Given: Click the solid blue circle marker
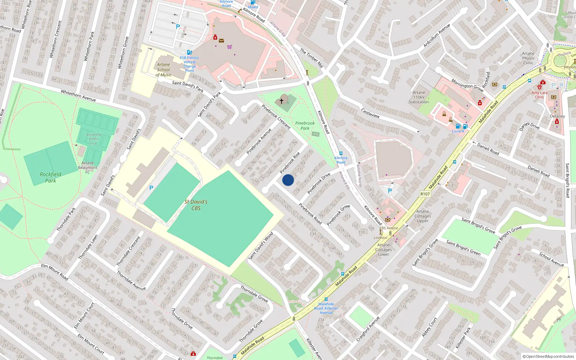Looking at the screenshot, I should (x=288, y=180).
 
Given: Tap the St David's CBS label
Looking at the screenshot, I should (x=196, y=205).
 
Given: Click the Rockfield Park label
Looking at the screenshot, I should (x=50, y=177).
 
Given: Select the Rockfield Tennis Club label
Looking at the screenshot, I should (x=94, y=139).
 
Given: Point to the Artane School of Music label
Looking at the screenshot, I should (x=163, y=70).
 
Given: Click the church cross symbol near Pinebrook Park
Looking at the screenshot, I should (x=282, y=101).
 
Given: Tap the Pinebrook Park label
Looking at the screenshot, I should (x=305, y=126).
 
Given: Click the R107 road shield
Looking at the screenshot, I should (x=425, y=194).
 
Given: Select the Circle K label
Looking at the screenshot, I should (x=458, y=131).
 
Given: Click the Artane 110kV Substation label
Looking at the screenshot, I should (x=419, y=97).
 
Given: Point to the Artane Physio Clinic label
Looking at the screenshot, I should (x=528, y=58).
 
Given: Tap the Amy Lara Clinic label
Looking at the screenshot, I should (x=539, y=95).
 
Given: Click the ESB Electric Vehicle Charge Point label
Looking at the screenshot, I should (x=189, y=64).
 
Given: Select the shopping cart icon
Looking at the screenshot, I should (x=229, y=47).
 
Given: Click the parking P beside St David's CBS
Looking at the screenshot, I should (x=151, y=188).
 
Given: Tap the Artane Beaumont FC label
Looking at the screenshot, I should (x=87, y=167).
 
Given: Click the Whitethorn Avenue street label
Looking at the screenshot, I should (x=78, y=96).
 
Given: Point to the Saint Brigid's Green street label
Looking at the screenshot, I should (x=463, y=248).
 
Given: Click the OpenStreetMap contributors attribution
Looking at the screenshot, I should (x=548, y=357).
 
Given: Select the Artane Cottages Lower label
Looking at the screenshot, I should (x=383, y=249).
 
